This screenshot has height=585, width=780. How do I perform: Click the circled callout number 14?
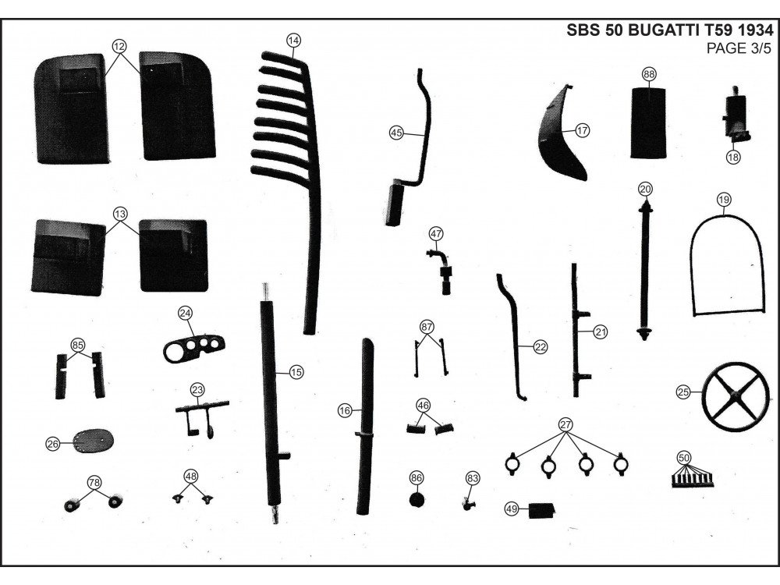click(x=293, y=39)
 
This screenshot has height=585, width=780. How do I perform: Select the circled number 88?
click(x=649, y=74)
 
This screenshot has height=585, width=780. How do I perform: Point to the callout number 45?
click(x=396, y=133)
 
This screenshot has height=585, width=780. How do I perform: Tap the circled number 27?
click(x=565, y=424)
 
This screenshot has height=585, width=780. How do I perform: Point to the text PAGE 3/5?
click(x=739, y=50)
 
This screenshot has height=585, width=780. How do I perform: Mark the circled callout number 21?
click(x=600, y=332)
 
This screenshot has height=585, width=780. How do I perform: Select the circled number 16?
click(x=344, y=409)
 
